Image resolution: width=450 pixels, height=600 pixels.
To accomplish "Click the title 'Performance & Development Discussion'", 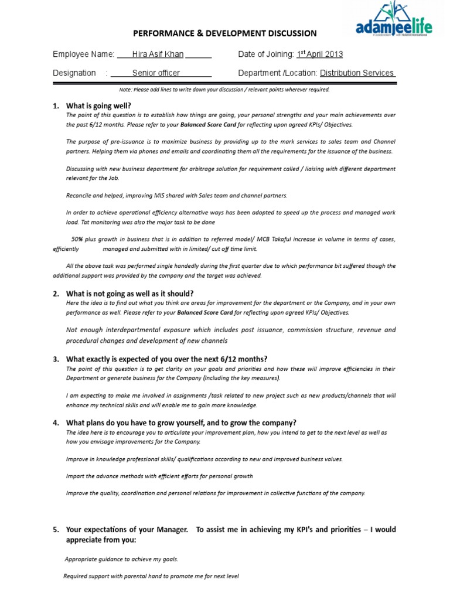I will (x=225, y=34).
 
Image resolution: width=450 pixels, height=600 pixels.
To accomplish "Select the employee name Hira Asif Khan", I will (x=158, y=54).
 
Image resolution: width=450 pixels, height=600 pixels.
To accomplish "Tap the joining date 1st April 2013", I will (x=319, y=54).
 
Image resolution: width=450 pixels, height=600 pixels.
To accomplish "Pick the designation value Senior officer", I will (x=156, y=73).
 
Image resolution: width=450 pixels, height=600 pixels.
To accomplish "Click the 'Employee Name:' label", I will (x=83, y=54).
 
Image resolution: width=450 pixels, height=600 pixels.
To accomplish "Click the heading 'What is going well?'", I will (x=98, y=106).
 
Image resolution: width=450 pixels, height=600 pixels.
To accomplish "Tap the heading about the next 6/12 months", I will (x=167, y=359).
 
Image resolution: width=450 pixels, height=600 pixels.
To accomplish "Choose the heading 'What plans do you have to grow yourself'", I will (x=181, y=422).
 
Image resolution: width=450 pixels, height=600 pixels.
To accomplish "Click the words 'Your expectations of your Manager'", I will (x=127, y=530).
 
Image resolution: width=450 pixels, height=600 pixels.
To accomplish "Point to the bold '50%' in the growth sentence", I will (x=77, y=239).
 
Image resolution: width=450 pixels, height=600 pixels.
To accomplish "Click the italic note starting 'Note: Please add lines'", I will (x=224, y=90).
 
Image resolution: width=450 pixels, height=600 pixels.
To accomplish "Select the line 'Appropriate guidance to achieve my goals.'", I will (x=121, y=559).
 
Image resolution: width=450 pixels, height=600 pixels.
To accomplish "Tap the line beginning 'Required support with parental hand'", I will (x=151, y=576).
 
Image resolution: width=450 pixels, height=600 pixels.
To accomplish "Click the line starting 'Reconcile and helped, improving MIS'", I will (x=176, y=195).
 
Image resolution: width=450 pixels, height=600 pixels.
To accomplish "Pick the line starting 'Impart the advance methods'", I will (x=159, y=476).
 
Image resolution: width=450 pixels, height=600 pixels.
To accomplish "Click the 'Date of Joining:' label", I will (x=265, y=54).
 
